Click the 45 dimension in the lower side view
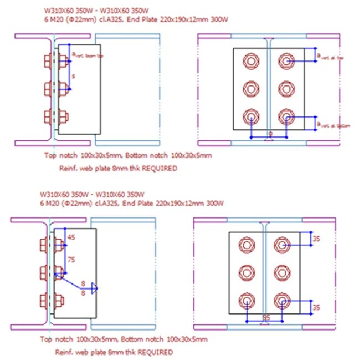[x=70, y=238]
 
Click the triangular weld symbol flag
[x=94, y=287]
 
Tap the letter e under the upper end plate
[x=269, y=134]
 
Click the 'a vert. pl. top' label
[x=329, y=57]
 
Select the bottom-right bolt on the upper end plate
[x=285, y=116]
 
